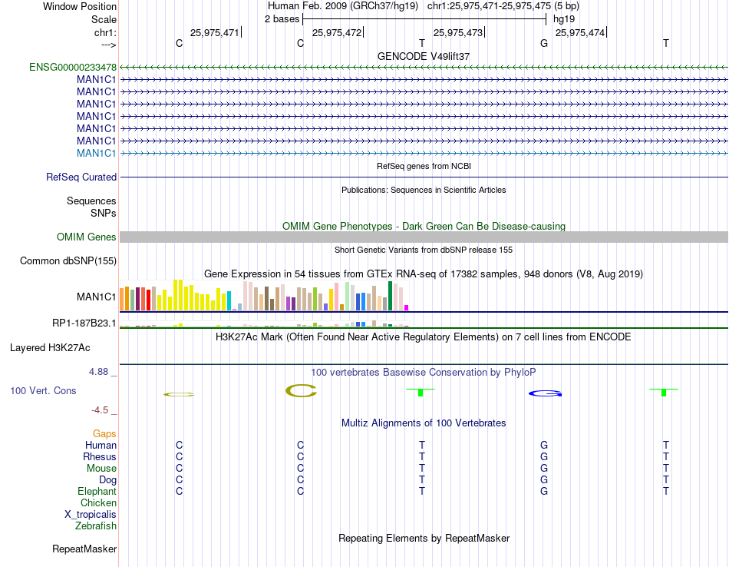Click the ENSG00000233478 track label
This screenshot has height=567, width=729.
coord(73,68)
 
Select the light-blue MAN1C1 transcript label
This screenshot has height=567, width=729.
coord(97,154)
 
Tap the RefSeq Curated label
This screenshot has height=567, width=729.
coord(81,177)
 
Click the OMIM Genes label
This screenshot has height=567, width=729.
coord(87,237)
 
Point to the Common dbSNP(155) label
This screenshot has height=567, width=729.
coord(68,261)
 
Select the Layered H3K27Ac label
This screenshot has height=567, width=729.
coord(50,348)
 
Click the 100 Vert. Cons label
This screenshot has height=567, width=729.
coord(43,391)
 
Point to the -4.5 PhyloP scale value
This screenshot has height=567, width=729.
coord(104,410)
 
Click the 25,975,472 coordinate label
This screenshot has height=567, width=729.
coord(336,33)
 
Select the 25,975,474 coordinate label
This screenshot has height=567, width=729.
coord(579,33)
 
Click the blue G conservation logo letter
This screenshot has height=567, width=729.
coord(545,394)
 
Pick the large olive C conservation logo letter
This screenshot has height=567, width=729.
coord(301,391)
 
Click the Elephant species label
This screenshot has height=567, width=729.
coord(97,492)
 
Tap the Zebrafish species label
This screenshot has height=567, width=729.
coord(96,527)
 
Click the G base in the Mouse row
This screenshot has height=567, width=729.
coord(544,469)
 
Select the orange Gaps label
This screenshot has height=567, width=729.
coord(104,434)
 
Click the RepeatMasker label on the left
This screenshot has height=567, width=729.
coord(84,549)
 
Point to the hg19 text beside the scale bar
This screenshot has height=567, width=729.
coord(564,18)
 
